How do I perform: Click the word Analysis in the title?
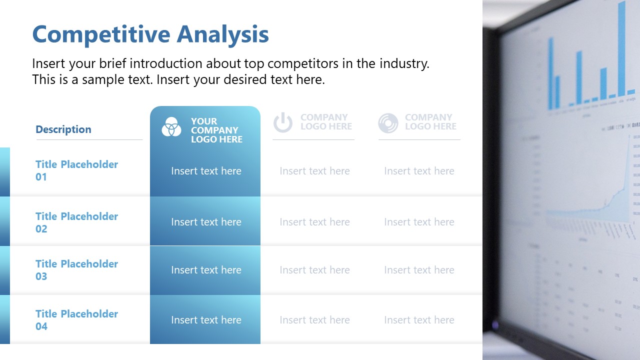pos(222,34)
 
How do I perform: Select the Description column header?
pos(63,129)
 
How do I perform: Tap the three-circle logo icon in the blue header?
pos(171,127)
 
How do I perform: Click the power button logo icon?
pos(283,122)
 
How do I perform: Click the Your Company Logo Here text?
pos(216,130)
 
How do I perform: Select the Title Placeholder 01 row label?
pos(76,170)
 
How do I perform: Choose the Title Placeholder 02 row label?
pos(76,222)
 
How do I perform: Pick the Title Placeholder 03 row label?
pos(76,270)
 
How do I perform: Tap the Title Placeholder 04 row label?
pos(76,320)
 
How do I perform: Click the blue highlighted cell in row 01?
pos(206,171)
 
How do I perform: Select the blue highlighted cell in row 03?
pos(206,270)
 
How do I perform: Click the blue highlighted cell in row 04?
pos(206,320)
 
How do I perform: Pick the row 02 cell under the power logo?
pos(314,222)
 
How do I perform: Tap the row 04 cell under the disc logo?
pos(419,320)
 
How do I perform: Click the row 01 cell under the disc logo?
pos(419,171)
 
